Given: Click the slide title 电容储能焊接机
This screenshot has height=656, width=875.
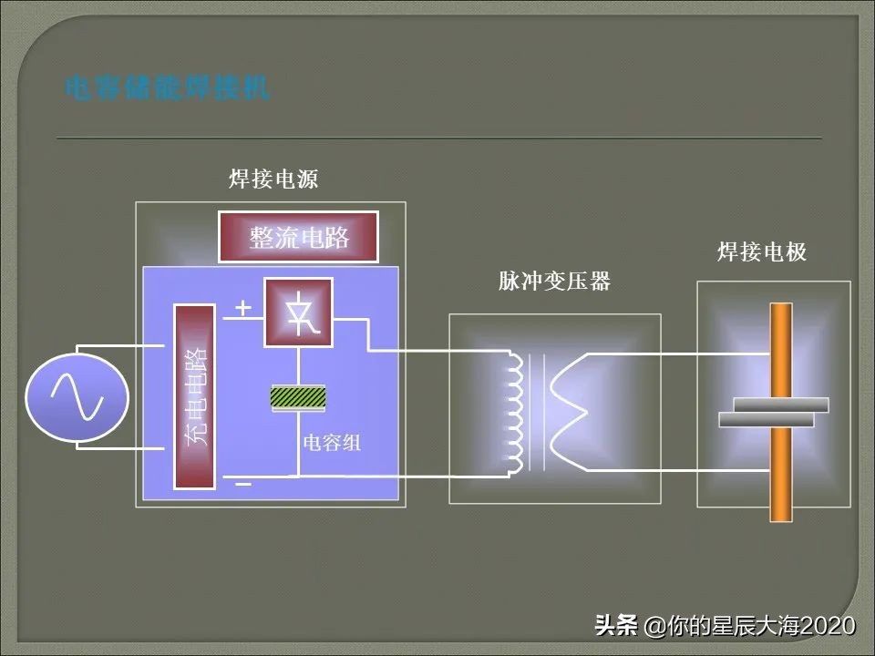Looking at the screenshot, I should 167,88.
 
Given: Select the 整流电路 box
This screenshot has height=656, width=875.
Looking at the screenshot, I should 299,237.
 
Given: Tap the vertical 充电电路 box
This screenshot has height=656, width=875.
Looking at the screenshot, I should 195,396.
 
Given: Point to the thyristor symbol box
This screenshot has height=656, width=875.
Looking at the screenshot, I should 298,313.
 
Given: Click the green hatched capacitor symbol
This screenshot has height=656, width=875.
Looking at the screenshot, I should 298,397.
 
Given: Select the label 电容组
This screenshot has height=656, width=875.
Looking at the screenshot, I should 332,444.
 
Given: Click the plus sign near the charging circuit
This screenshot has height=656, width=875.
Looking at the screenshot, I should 242,308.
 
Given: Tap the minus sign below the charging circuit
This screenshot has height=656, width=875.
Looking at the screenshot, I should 242,484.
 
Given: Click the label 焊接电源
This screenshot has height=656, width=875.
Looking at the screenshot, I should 273,179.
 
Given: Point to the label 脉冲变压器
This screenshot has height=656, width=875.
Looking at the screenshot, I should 554,282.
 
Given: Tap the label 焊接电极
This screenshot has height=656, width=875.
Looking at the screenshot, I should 762,252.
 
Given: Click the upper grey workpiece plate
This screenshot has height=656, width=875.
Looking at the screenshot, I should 781,405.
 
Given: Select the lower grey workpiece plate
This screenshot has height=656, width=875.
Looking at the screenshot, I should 766,419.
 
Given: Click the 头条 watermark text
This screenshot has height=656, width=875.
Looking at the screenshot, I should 616,626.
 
